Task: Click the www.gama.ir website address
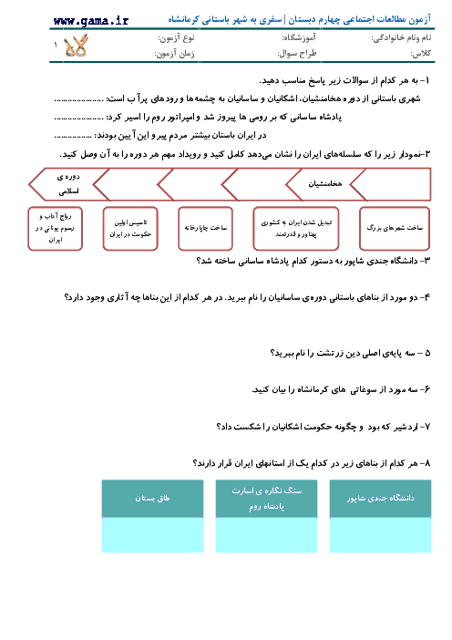coord(90,21)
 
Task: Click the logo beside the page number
coord(76,46)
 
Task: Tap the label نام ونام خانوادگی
coord(401,38)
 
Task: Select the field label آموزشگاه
coord(299,38)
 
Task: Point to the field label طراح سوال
coord(297,54)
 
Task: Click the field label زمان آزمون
coord(174,54)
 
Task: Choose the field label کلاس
coord(421,54)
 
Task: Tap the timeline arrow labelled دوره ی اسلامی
coord(68,184)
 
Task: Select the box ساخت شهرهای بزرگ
coord(395,228)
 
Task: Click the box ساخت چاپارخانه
coord(205,228)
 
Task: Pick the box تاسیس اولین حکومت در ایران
coord(130,228)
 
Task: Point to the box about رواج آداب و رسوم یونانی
coord(55,228)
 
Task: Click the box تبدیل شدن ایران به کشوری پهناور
coord(296,228)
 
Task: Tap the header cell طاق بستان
coord(152,499)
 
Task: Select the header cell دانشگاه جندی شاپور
coord(380,499)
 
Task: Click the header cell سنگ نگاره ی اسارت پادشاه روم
coord(266,499)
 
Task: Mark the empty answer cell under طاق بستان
coord(152,535)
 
